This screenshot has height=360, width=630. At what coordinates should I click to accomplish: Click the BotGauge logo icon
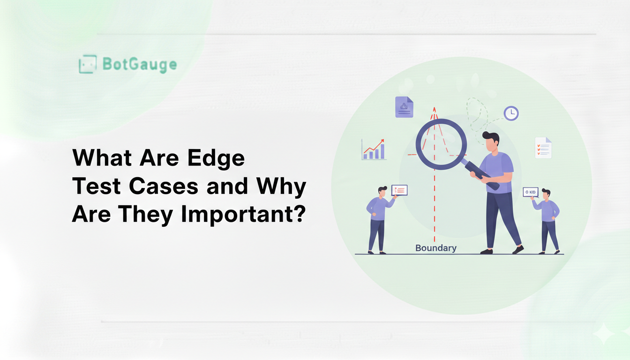click(x=88, y=64)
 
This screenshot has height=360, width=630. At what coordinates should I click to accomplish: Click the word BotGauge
click(x=140, y=64)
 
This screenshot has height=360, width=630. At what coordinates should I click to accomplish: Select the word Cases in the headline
click(x=164, y=186)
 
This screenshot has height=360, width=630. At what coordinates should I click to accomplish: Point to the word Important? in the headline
click(x=243, y=215)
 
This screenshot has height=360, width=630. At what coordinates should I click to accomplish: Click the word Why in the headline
click(x=281, y=187)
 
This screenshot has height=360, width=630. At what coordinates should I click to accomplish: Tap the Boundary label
click(x=436, y=248)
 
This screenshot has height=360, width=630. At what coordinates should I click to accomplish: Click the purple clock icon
click(x=511, y=113)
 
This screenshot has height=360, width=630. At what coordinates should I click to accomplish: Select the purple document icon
click(x=404, y=107)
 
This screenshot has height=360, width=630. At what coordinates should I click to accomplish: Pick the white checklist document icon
click(x=543, y=148)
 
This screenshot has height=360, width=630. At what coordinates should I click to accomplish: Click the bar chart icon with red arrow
click(x=374, y=150)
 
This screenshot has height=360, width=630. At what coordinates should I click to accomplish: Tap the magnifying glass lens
click(x=441, y=144)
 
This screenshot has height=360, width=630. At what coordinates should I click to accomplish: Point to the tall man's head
click(x=492, y=142)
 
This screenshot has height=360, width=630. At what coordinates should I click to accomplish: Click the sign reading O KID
click(x=531, y=192)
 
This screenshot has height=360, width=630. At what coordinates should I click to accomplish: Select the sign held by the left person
click(x=399, y=190)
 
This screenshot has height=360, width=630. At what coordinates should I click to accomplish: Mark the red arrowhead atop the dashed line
click(x=434, y=110)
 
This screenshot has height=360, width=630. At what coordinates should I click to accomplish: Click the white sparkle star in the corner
click(x=604, y=334)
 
